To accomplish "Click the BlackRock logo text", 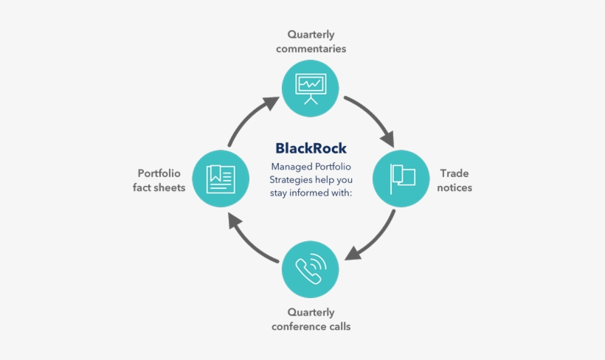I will pos(311,148).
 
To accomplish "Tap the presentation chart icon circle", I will pos(311,89).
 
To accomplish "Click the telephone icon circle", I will pos(311,268).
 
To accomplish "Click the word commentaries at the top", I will pos(311,49).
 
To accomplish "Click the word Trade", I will pos(454,173).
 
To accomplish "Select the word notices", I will pos(454,187).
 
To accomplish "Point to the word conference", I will pos(297,327).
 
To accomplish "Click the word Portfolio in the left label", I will pos(159,173).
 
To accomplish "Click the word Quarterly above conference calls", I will pos(311,313).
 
